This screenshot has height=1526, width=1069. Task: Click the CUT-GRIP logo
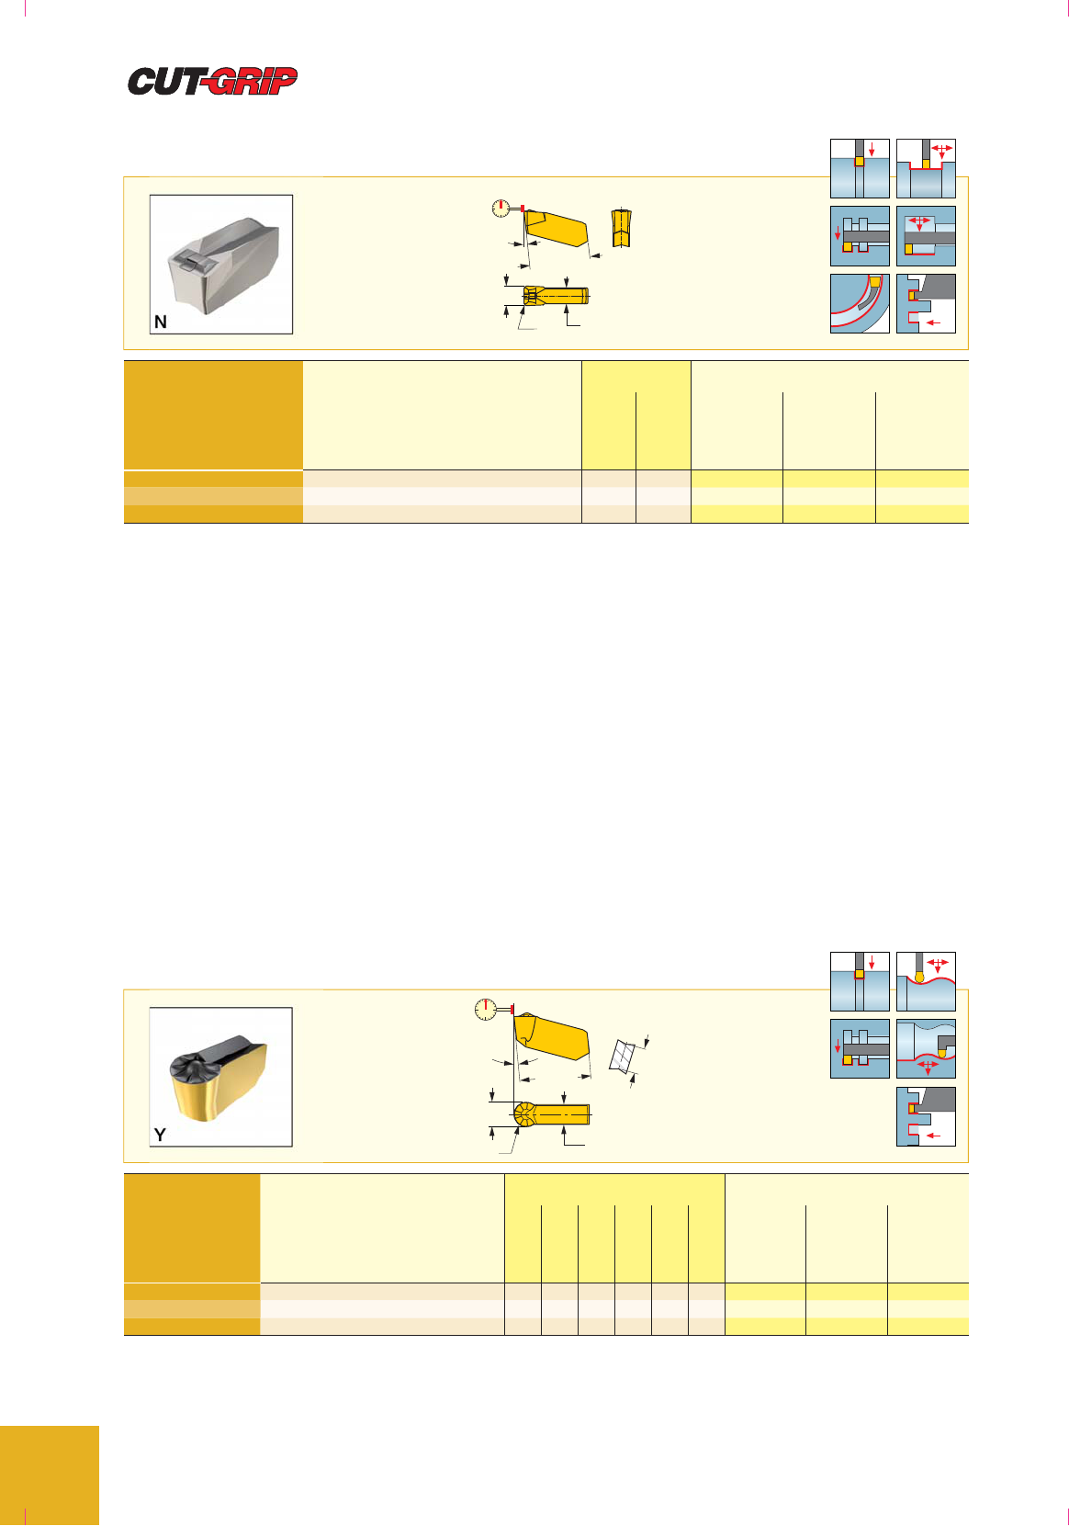point(212,81)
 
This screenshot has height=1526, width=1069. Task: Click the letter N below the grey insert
point(161,322)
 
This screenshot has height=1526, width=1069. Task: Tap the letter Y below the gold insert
point(160,1135)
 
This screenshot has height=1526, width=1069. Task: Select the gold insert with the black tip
point(219,1078)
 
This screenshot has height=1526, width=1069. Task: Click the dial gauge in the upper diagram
point(501,209)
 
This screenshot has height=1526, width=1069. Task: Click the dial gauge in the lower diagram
point(486,1009)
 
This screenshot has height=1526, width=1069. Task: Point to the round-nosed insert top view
point(551,1113)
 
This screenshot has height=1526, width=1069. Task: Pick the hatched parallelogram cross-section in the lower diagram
point(622,1057)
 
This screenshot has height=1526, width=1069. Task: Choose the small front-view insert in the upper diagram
point(621,228)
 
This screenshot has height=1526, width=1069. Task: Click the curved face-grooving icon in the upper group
point(860,303)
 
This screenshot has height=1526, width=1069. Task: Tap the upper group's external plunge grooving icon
point(860,168)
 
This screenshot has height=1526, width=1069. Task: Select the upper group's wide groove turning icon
point(926,168)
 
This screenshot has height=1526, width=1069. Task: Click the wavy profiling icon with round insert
point(926,981)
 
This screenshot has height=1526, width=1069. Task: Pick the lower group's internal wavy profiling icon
point(926,1048)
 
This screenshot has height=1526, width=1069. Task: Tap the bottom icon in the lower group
point(926,1116)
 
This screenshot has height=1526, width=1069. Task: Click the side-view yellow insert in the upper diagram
point(555,228)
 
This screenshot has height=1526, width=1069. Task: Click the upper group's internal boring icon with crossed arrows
point(926,236)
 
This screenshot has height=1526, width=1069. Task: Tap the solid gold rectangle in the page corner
point(49,1475)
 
